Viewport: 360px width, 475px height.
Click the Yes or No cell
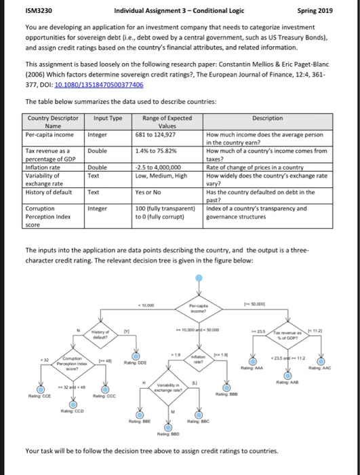click(x=150, y=193)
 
